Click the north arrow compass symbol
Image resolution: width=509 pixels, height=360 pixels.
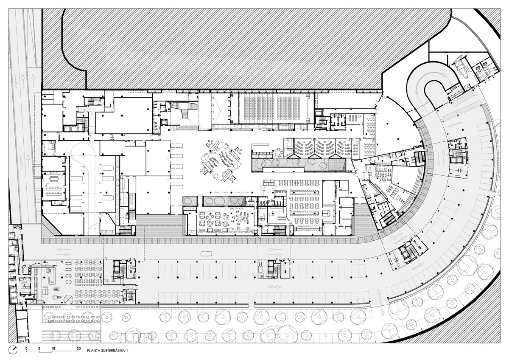(x=13, y=350)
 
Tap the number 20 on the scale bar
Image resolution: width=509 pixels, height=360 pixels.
(x=78, y=348)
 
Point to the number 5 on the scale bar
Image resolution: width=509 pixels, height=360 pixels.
(x=39, y=348)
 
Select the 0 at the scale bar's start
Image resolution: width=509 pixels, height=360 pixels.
(x=26, y=348)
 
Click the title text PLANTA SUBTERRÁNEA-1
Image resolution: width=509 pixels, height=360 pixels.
(x=107, y=351)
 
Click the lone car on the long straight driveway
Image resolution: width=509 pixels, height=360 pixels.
(x=206, y=253)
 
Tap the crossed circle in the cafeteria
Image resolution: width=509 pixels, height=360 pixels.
(x=68, y=300)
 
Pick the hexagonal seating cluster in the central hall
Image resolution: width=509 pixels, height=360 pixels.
(x=220, y=161)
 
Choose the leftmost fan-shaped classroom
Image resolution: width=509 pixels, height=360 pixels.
(x=304, y=148)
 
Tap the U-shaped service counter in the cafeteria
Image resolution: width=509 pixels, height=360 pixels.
(x=52, y=276)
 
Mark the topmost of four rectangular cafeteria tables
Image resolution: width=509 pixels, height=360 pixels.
(x=68, y=263)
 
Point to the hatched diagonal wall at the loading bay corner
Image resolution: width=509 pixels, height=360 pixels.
(x=52, y=225)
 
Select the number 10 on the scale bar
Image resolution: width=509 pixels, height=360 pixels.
(x=53, y=348)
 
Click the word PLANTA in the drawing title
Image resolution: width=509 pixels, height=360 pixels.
(x=93, y=351)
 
